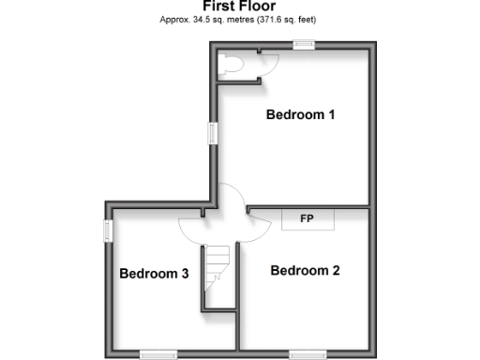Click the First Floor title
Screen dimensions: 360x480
click(239, 6)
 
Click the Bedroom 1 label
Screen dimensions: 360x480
click(301, 115)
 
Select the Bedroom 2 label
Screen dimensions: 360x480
click(305, 271)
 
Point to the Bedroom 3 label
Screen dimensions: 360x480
click(155, 274)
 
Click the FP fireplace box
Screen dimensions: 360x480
click(306, 219)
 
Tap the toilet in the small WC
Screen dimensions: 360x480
click(230, 64)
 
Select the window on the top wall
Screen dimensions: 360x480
click(302, 43)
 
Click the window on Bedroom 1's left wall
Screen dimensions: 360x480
click(212, 133)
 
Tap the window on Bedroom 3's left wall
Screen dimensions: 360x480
click(107, 231)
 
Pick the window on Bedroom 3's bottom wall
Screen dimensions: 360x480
click(157, 353)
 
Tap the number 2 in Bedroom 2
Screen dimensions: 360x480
click(335, 271)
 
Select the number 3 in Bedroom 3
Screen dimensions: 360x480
click(186, 274)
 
